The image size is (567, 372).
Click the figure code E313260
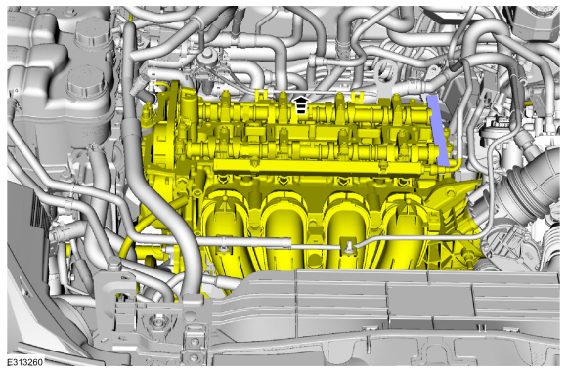click(x=25, y=362)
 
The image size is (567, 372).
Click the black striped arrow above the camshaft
click(x=301, y=104)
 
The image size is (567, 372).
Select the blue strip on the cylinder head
click(x=439, y=131)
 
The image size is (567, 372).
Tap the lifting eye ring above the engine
click(x=385, y=73)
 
